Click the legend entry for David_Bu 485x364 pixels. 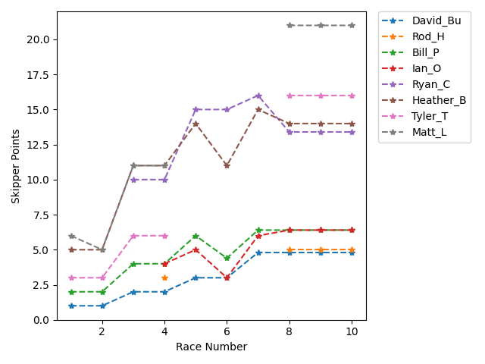tap(434, 20)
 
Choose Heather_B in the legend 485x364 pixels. tap(438, 100)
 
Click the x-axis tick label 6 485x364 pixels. tap(227, 332)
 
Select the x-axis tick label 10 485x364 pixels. tap(352, 332)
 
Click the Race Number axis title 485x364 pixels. tap(211, 347)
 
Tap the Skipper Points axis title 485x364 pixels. tap(16, 166)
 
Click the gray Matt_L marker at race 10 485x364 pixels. tap(352, 25)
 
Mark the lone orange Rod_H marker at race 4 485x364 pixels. tap(164, 278)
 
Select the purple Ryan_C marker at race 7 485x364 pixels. tap(258, 96)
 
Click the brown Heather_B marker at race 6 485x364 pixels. tap(227, 165)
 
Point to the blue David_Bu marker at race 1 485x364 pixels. tap(71, 306)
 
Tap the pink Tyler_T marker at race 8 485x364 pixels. tap(289, 96)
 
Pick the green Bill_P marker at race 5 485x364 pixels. tap(196, 236)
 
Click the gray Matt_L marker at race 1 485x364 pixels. tap(71, 236)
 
